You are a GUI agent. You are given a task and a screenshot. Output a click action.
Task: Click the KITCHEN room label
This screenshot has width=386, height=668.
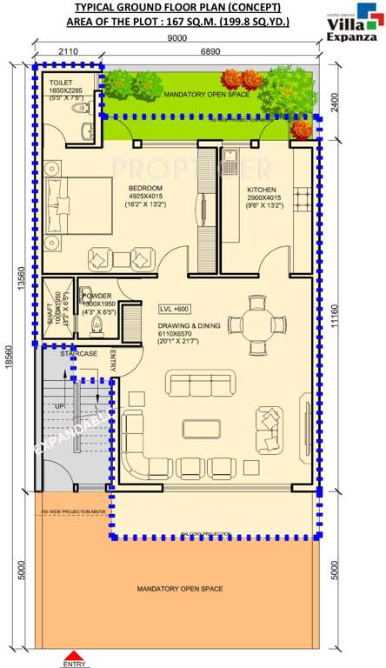[x=261, y=189]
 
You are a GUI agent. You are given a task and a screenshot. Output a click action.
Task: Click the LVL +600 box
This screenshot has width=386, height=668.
[x=175, y=309]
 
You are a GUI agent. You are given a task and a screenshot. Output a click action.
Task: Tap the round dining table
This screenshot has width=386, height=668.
[x=256, y=324]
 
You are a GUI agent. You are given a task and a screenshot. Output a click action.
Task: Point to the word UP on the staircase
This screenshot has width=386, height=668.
[x=60, y=405]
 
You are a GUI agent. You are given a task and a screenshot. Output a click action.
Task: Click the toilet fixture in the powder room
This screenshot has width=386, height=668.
[x=97, y=324]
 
